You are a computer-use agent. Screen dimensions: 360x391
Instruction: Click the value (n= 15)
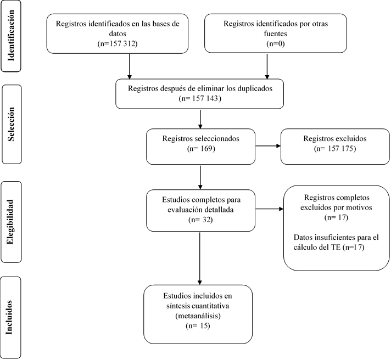[x=198, y=326]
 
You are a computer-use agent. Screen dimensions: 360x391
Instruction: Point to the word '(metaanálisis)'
[x=198, y=316]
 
